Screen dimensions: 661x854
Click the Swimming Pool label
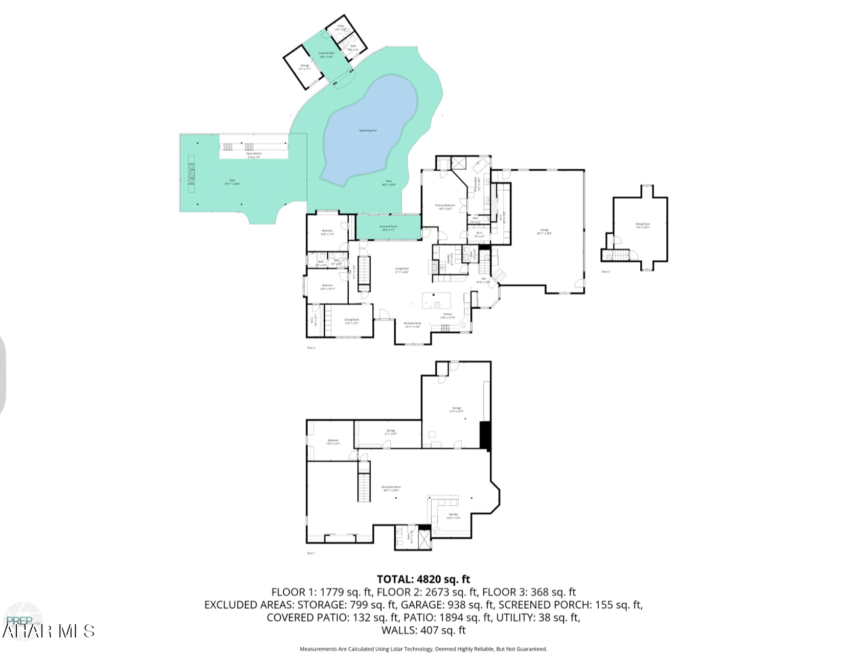click(x=368, y=131)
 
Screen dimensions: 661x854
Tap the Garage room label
click(x=544, y=232)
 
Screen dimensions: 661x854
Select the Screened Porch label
click(x=388, y=228)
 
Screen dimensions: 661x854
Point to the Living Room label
click(x=402, y=270)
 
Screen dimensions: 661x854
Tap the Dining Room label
click(x=351, y=321)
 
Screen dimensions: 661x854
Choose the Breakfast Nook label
click(x=412, y=325)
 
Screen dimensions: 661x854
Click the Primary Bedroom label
click(x=445, y=207)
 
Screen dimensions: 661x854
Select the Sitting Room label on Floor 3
click(x=642, y=225)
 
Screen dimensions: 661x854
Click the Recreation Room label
click(x=391, y=488)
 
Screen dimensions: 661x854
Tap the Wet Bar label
click(x=454, y=516)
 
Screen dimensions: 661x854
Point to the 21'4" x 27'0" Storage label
click(x=456, y=409)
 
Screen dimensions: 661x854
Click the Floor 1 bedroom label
click(x=333, y=442)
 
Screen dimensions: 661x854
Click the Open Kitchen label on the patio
click(x=254, y=155)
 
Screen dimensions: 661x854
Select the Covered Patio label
click(x=326, y=55)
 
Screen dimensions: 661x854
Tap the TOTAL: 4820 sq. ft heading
click(x=423, y=579)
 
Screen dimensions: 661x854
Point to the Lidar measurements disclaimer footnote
click(x=423, y=649)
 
